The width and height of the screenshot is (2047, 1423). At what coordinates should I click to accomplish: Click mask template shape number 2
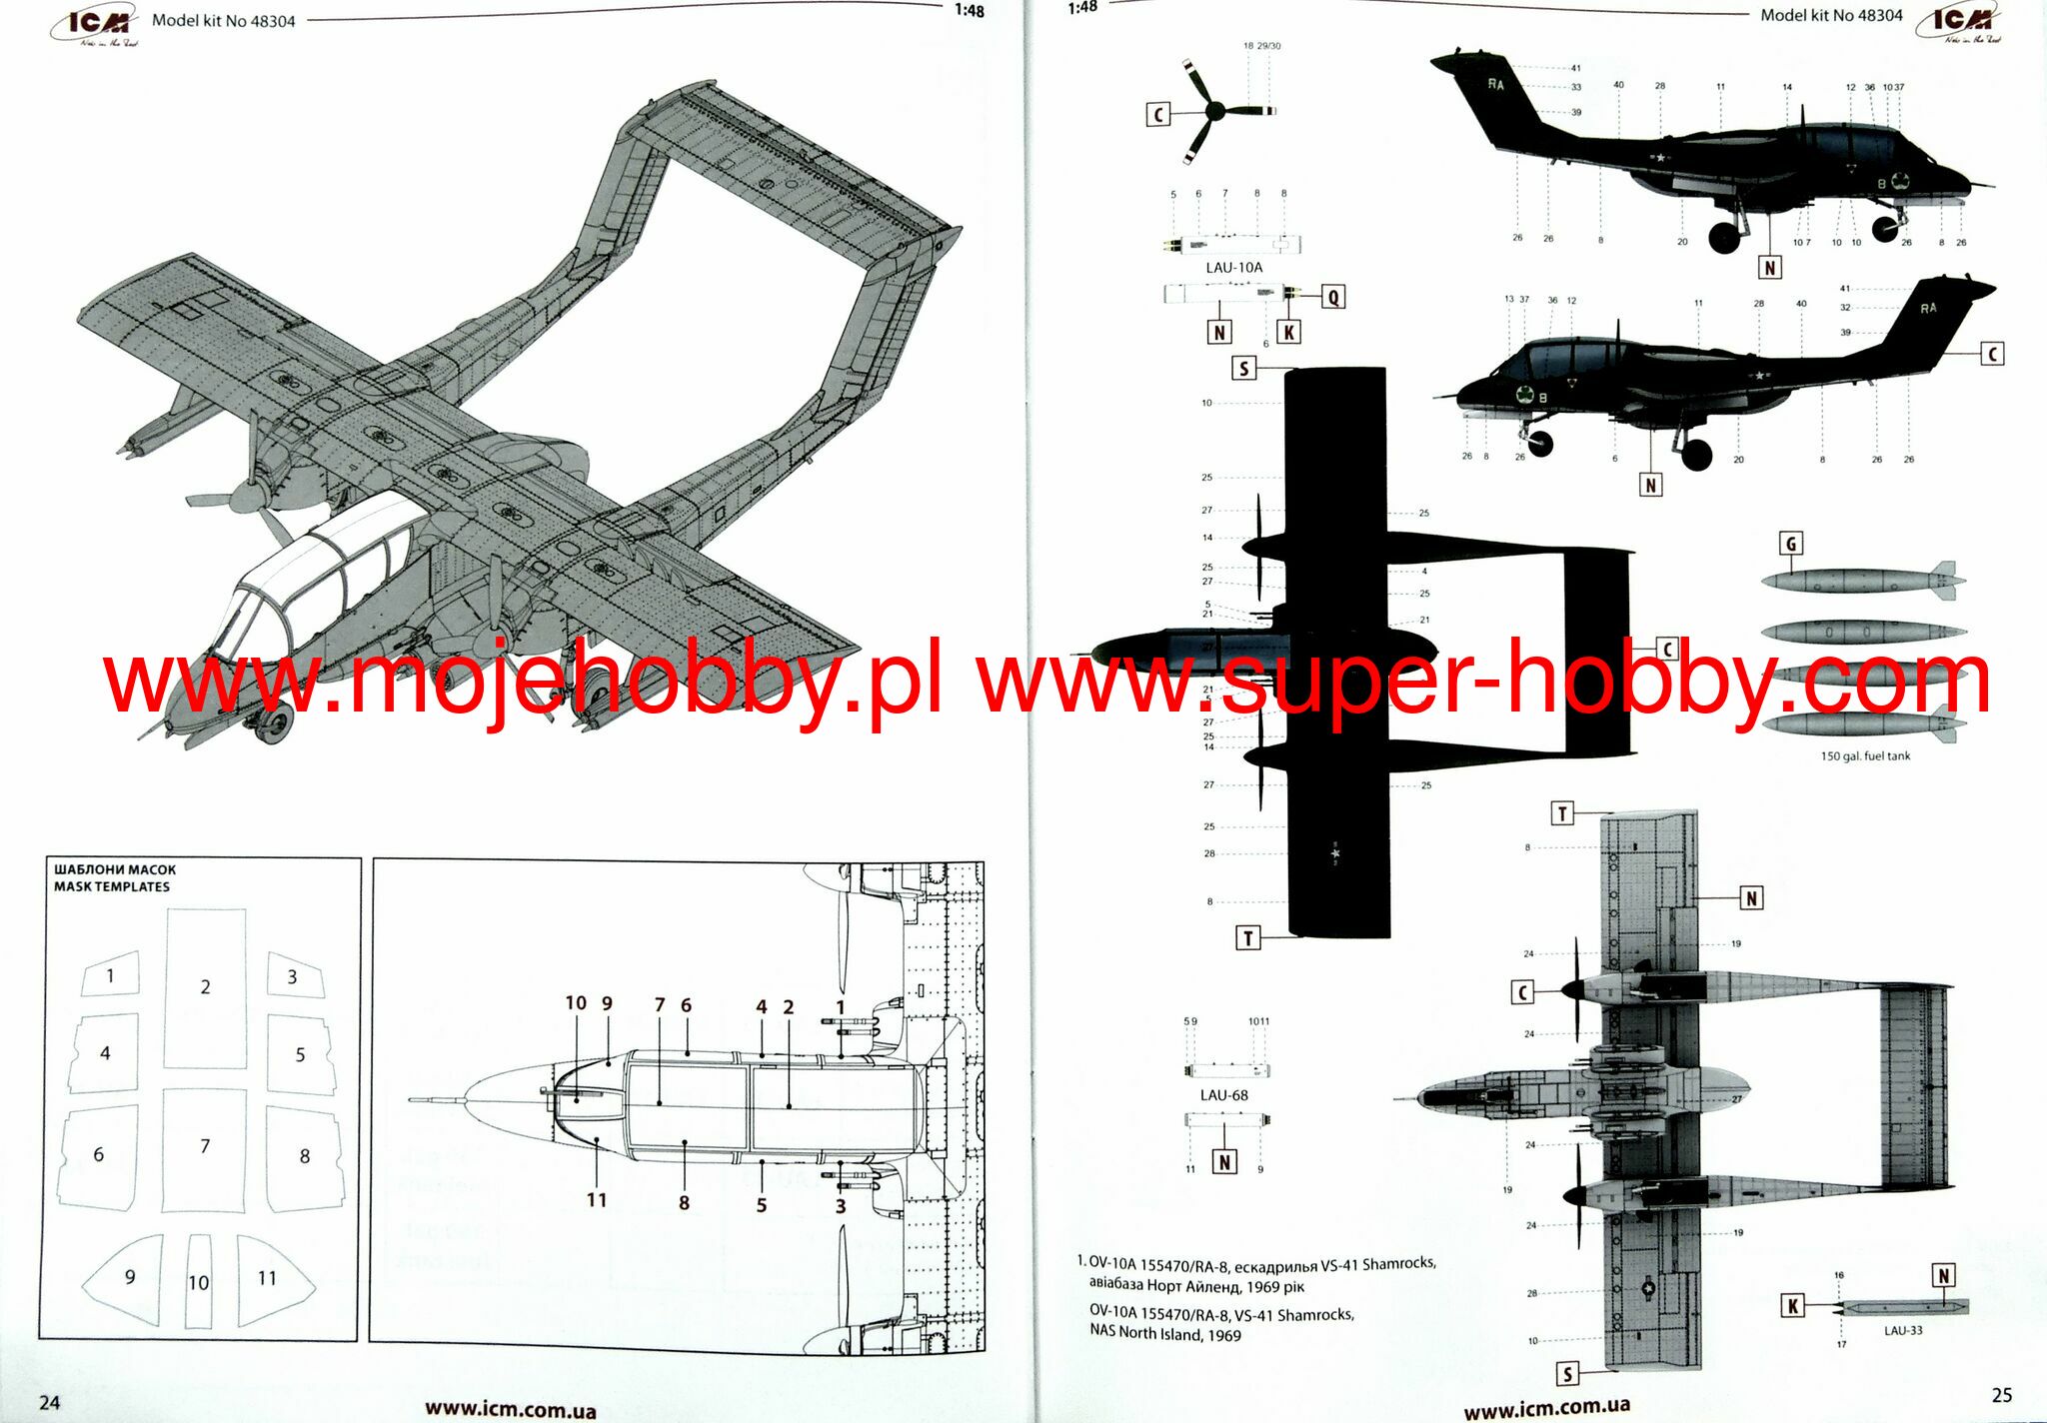pyautogui.click(x=205, y=987)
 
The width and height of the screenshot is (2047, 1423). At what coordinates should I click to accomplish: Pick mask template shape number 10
pyautogui.click(x=198, y=1282)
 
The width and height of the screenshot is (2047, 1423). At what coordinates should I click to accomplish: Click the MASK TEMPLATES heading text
pyautogui.click(x=112, y=886)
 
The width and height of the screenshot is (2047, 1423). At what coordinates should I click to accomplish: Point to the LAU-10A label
pyautogui.click(x=1233, y=267)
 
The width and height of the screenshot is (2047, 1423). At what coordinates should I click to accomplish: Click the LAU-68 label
pyautogui.click(x=1223, y=1095)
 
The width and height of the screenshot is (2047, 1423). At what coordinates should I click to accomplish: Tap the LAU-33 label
pyautogui.click(x=1902, y=1330)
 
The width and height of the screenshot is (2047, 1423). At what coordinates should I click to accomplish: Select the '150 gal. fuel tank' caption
pyautogui.click(x=1864, y=756)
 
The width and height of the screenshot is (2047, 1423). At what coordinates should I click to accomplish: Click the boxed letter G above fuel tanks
pyautogui.click(x=1790, y=544)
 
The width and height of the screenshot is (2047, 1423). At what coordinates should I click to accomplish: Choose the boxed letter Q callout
pyautogui.click(x=1332, y=297)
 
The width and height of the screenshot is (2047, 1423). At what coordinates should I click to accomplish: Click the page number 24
pyautogui.click(x=49, y=1402)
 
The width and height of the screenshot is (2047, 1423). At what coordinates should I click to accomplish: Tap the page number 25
pyautogui.click(x=2001, y=1396)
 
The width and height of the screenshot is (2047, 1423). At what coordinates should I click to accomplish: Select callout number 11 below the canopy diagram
pyautogui.click(x=597, y=1199)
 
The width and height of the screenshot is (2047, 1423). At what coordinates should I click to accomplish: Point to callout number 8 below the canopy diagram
pyautogui.click(x=684, y=1203)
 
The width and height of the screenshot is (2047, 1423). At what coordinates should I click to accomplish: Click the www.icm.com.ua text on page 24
pyautogui.click(x=510, y=1410)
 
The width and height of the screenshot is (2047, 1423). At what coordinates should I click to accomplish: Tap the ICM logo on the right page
pyautogui.click(x=1960, y=23)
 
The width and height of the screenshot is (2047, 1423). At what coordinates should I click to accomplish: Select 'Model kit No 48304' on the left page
pyautogui.click(x=223, y=21)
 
